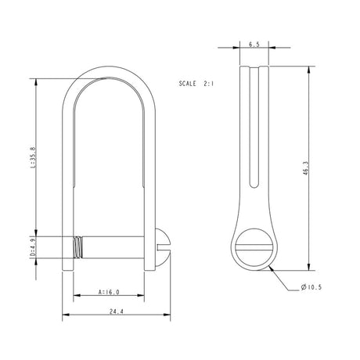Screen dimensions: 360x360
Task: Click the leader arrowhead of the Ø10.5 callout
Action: coord(270,265)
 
